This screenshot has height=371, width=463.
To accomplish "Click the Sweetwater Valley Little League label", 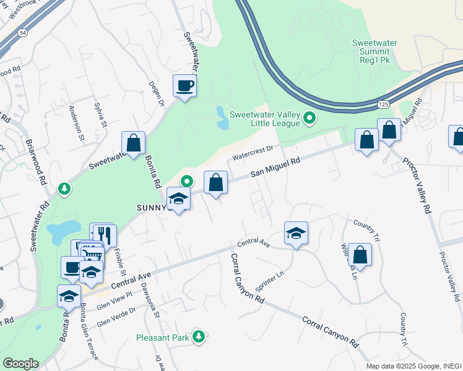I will click(x=264, y=118).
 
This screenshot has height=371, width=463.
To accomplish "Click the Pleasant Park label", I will click(x=164, y=338).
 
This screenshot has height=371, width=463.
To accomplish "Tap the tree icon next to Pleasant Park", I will click(x=199, y=337).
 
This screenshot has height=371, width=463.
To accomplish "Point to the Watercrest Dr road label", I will click(x=253, y=152).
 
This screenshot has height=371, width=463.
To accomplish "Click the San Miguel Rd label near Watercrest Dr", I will click(x=275, y=168).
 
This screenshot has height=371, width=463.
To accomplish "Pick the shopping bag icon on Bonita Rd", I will click(x=134, y=142).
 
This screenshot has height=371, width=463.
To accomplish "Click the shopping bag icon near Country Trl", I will click(x=360, y=254).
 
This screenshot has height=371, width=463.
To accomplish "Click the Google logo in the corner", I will click(x=20, y=364).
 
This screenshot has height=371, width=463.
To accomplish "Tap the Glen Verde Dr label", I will click(x=116, y=319).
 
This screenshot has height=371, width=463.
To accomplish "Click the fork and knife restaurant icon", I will click(x=104, y=234).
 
